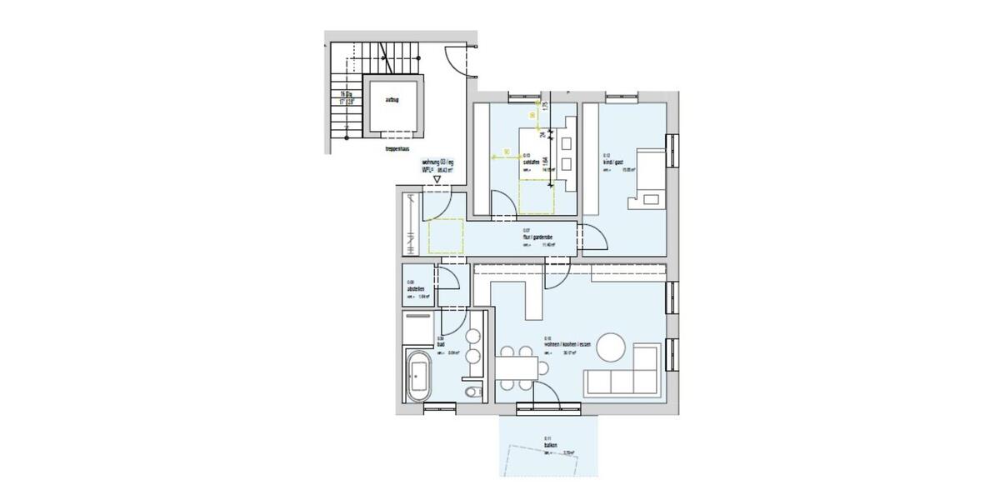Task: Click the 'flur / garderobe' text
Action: tap(538, 237)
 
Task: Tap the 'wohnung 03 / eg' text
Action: tap(438, 162)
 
